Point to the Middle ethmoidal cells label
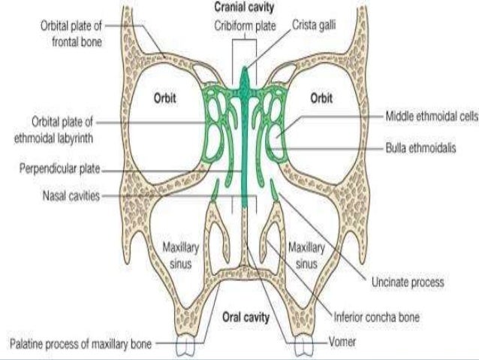(x=431, y=118)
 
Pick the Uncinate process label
(x=408, y=283)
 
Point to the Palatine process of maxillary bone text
(x=80, y=345)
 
